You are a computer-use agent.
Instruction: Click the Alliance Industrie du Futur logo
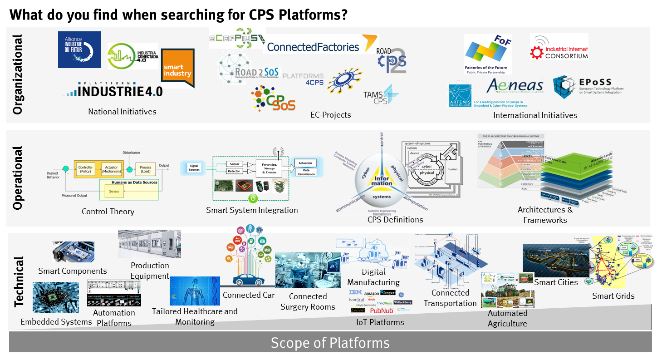[x=79, y=49]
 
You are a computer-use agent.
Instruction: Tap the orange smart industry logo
[x=178, y=68]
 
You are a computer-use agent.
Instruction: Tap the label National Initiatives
[x=122, y=112]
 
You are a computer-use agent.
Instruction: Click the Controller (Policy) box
[x=85, y=169]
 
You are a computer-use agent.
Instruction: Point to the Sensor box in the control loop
[x=114, y=191]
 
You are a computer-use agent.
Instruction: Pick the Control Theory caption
[x=108, y=211]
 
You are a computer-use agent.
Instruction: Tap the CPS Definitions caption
[x=395, y=220]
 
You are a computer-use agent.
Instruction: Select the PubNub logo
[x=382, y=311]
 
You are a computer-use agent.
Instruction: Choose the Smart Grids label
[x=613, y=296]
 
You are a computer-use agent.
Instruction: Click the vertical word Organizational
[x=17, y=75]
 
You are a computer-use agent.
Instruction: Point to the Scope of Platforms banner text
[x=330, y=343]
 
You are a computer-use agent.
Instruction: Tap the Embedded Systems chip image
[x=55, y=298]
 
